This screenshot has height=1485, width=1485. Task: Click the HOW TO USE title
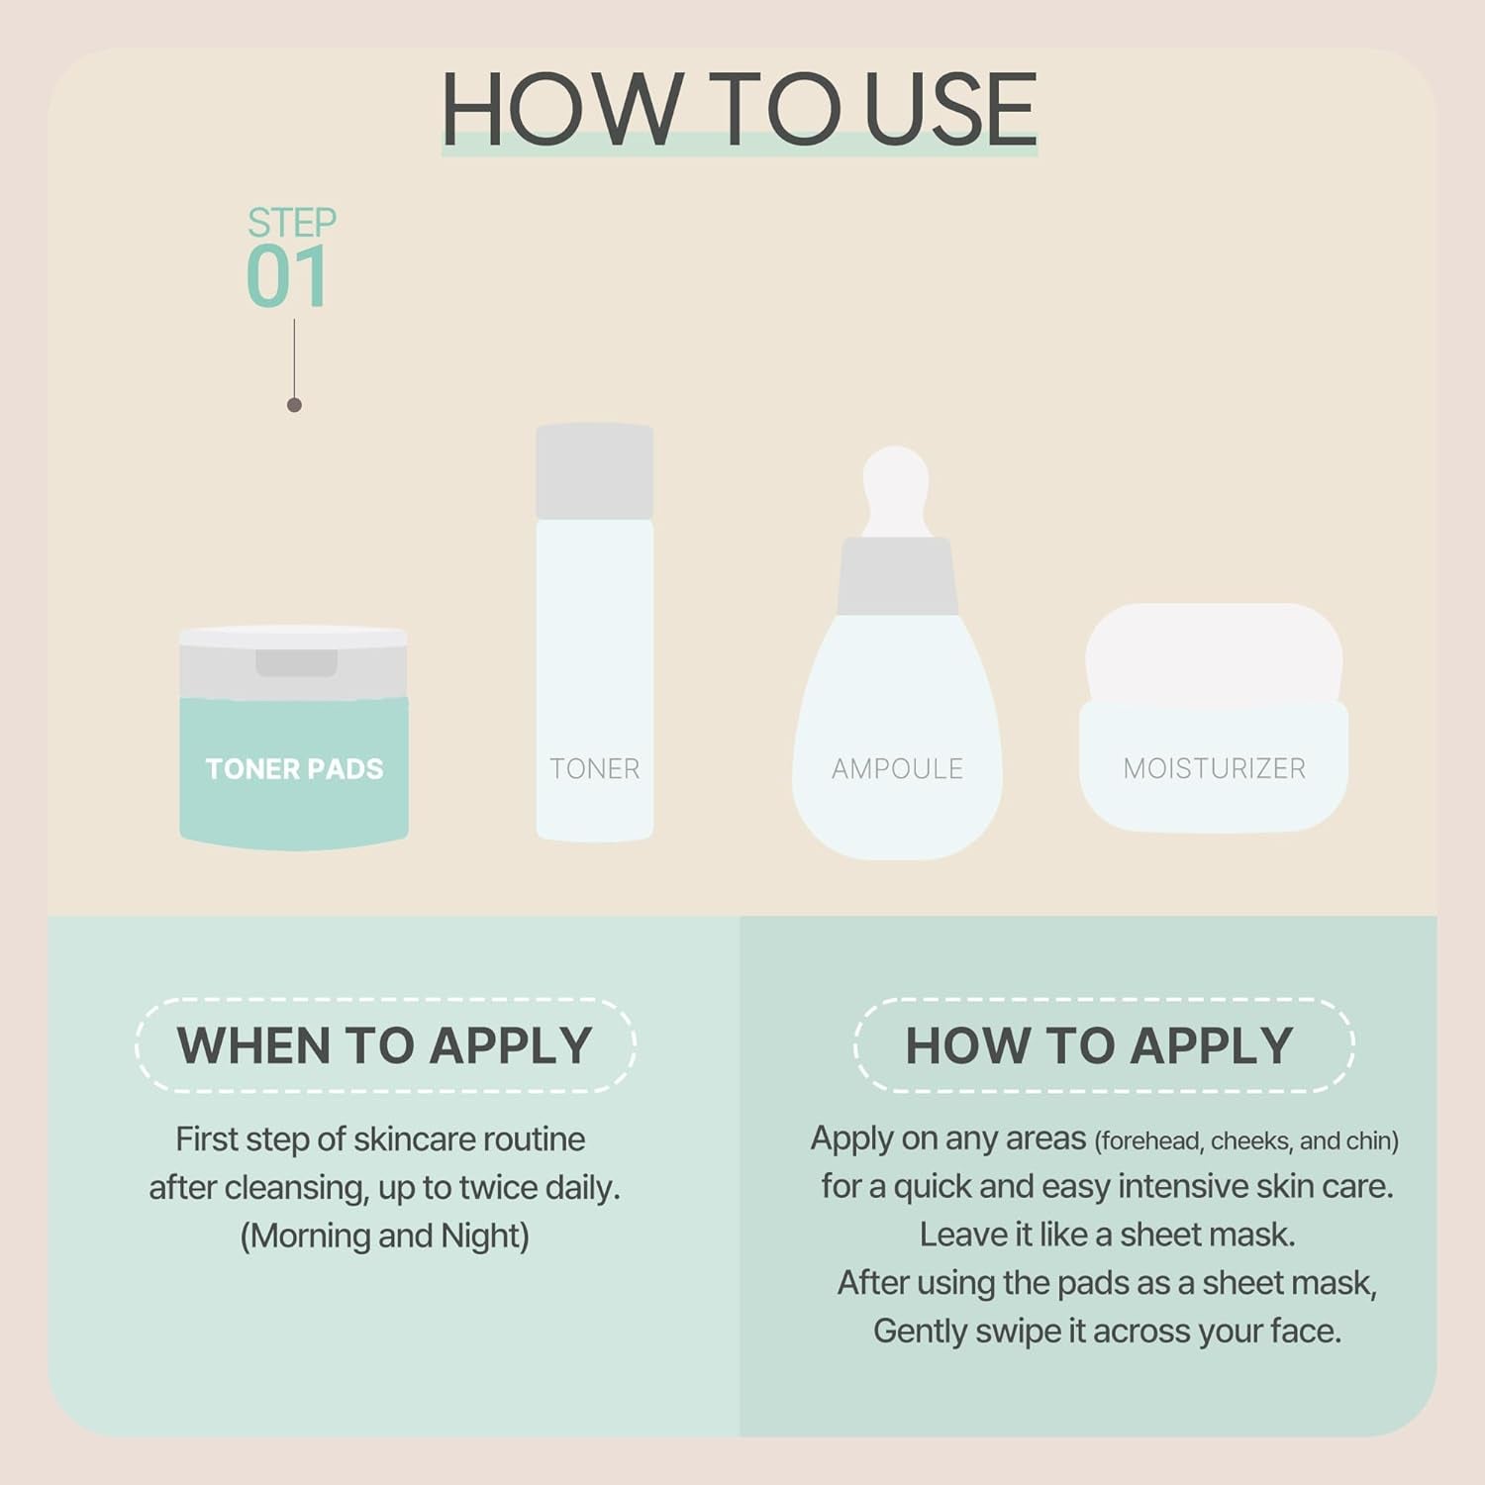click(x=739, y=108)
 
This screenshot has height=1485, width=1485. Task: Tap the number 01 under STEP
click(x=287, y=277)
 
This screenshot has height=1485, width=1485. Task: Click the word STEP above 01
click(x=292, y=222)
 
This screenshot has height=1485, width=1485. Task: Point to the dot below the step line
click(x=294, y=405)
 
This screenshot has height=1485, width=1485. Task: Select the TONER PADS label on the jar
click(x=294, y=769)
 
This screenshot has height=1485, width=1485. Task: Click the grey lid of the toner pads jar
click(x=294, y=661)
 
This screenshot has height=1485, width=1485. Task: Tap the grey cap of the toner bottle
click(x=594, y=471)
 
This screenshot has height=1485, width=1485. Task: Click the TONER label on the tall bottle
click(x=594, y=769)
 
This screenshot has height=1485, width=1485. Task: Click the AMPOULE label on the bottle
click(x=897, y=769)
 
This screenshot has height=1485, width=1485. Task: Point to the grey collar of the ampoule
click(x=897, y=576)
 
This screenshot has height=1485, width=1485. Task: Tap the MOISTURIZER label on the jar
click(x=1214, y=769)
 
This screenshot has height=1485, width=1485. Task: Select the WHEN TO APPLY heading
click(x=385, y=1045)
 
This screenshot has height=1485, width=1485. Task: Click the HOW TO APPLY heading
click(x=1100, y=1045)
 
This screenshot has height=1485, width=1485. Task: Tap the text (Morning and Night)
click(x=385, y=1236)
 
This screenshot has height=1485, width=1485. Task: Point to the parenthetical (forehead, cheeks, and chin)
click(x=1246, y=1141)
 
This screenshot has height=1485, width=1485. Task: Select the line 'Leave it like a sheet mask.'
click(x=1107, y=1235)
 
